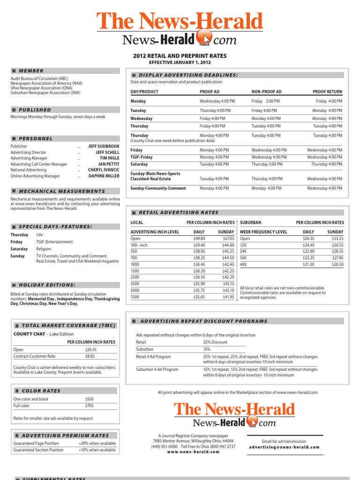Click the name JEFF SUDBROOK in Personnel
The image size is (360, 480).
(104, 146)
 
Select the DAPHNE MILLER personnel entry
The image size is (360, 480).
(104, 176)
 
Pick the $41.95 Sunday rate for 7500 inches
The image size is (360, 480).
(228, 297)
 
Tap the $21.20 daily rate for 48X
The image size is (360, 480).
(308, 264)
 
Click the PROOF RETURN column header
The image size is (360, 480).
(327, 92)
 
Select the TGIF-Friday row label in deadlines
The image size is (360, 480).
(141, 157)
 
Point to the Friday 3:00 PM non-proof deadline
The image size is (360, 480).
(265, 101)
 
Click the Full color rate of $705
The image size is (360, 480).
(89, 405)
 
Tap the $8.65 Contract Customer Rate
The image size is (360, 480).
(90, 356)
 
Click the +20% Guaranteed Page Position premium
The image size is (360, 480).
(97, 443)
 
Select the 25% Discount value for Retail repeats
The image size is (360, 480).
(215, 342)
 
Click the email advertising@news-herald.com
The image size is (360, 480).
(284, 447)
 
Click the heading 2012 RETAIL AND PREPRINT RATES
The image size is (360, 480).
(180, 56)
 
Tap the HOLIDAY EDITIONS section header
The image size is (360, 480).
(47, 285)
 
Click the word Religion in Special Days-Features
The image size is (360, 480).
(44, 249)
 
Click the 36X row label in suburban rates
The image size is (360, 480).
(243, 258)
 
